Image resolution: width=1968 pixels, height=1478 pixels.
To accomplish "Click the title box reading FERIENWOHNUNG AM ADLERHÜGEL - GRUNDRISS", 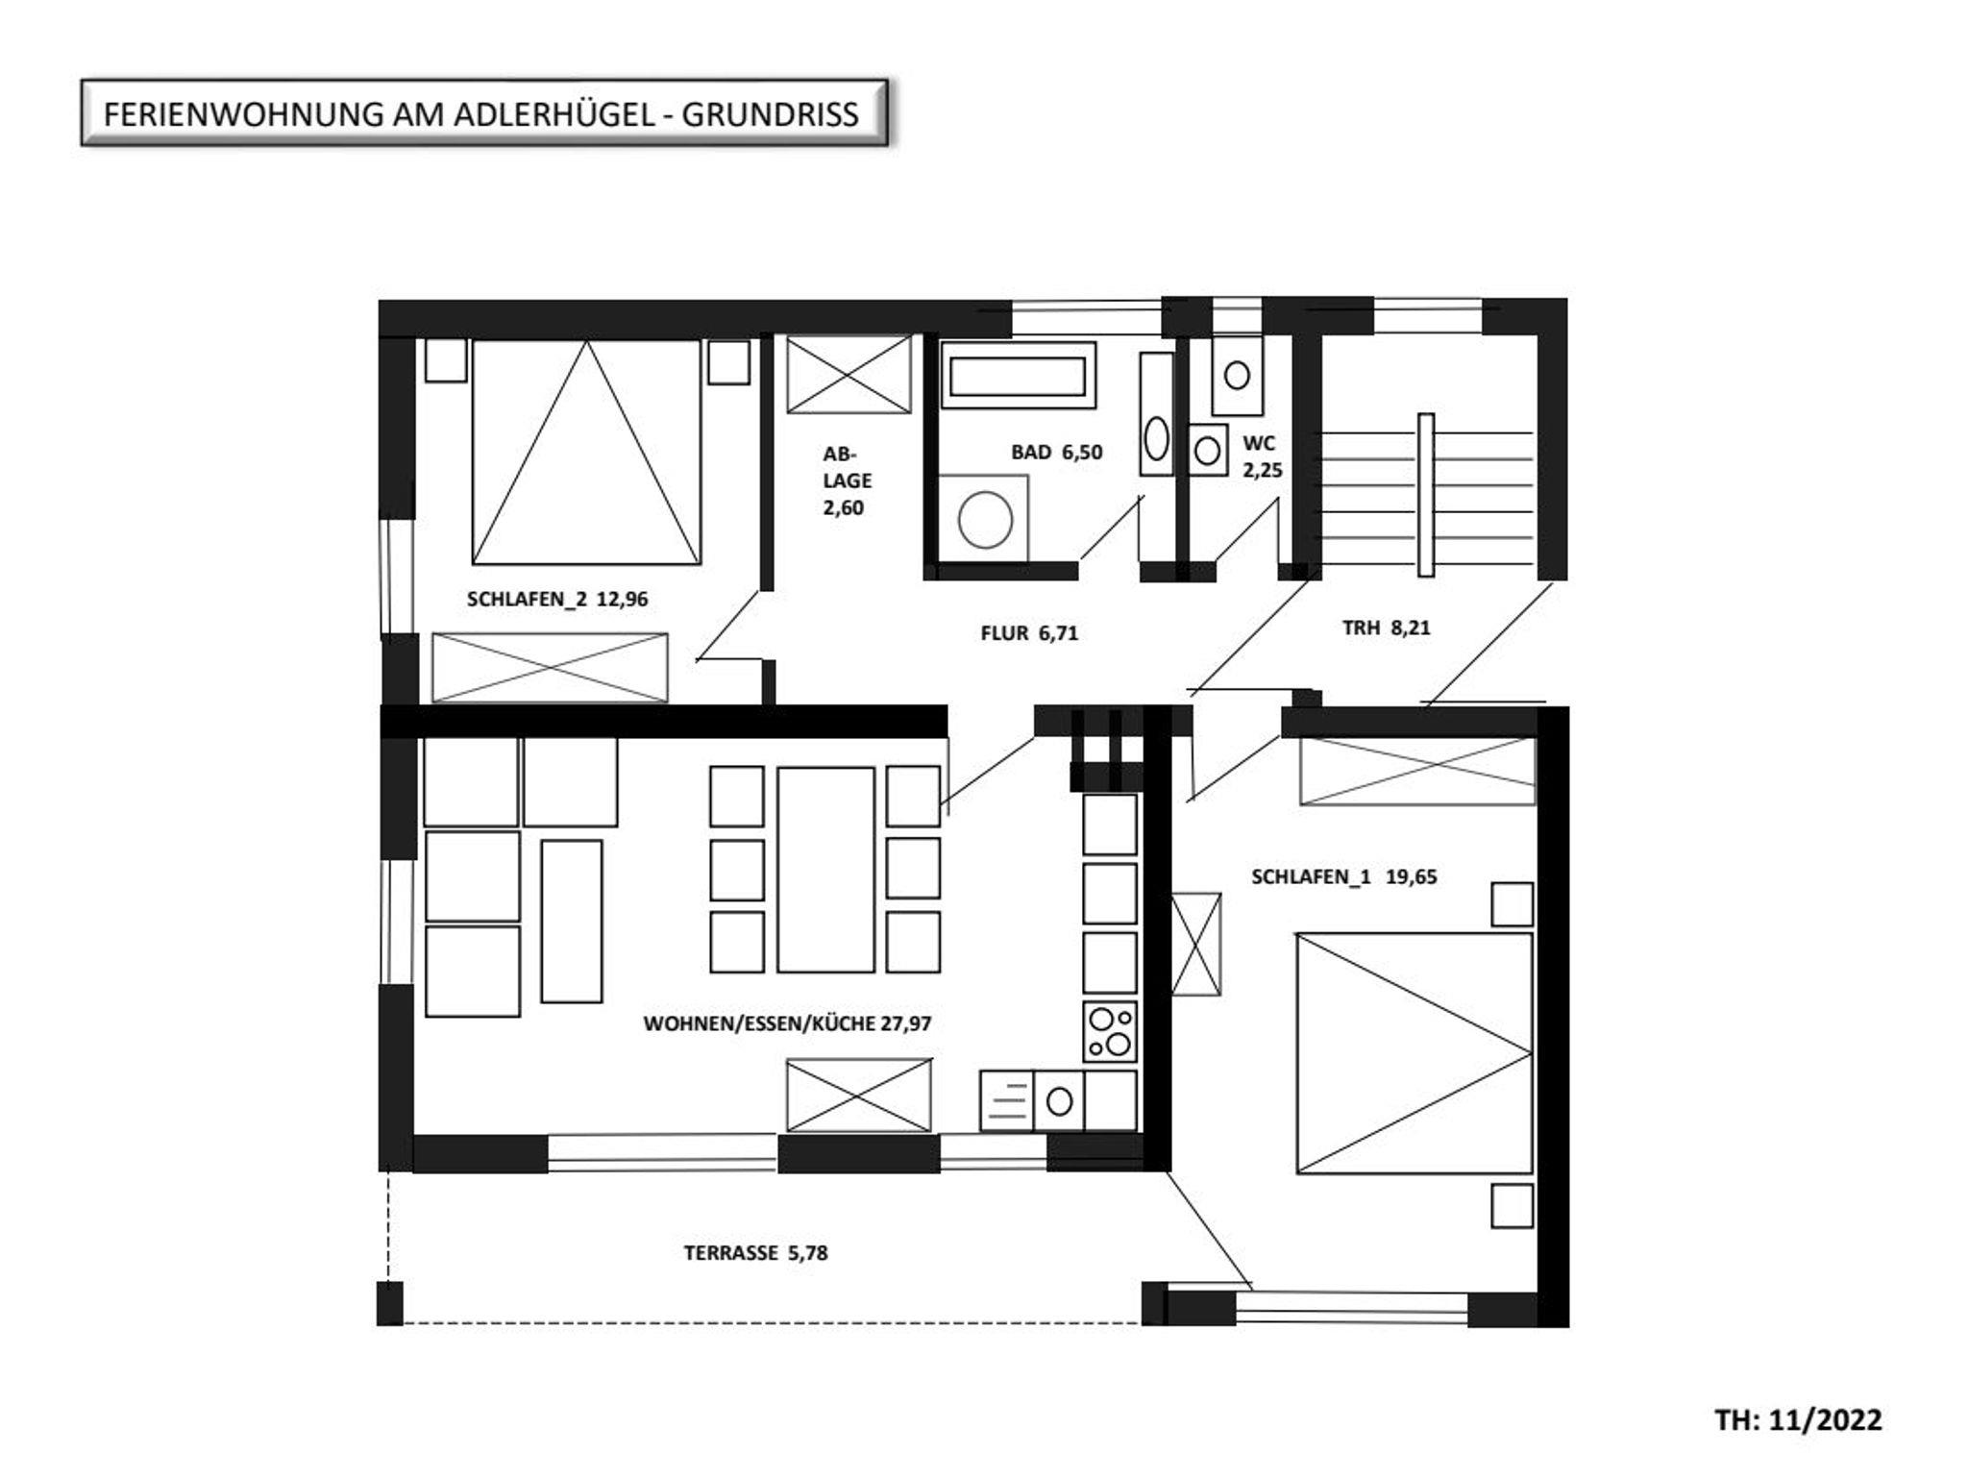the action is click(x=483, y=113).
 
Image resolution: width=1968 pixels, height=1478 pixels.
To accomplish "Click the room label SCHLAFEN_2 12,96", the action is click(x=557, y=599).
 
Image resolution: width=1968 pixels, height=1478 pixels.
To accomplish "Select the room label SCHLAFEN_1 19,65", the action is click(x=1344, y=876).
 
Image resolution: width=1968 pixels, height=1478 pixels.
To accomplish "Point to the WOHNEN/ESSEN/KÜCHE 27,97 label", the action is click(x=787, y=1023).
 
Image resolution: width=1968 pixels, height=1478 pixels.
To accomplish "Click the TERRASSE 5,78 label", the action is click(x=755, y=1253).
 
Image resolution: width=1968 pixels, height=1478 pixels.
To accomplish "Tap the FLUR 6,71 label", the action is click(x=1029, y=633).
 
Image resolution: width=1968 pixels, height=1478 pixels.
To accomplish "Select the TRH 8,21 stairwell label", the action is click(x=1386, y=628).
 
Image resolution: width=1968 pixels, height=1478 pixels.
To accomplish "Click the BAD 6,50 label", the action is click(x=1056, y=452).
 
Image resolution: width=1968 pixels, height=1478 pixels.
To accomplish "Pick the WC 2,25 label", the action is click(x=1262, y=456).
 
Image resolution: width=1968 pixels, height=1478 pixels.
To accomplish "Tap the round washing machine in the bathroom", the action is click(x=984, y=518).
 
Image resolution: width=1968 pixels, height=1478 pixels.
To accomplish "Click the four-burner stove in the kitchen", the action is click(x=1110, y=1032).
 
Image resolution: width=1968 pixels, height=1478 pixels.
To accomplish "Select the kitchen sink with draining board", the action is click(x=1032, y=1101).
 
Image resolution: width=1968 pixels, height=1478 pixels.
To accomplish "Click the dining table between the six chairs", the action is click(x=826, y=870).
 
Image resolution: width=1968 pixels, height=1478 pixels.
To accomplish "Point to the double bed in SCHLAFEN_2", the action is click(x=586, y=452).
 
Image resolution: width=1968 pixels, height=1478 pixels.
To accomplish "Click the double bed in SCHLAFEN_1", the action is click(x=1414, y=1052).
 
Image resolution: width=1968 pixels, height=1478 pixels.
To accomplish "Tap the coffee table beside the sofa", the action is click(x=572, y=922).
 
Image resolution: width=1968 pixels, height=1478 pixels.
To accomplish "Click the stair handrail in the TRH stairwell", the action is click(x=1426, y=495).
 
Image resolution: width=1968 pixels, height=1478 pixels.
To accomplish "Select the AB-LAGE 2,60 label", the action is click(x=847, y=480).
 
